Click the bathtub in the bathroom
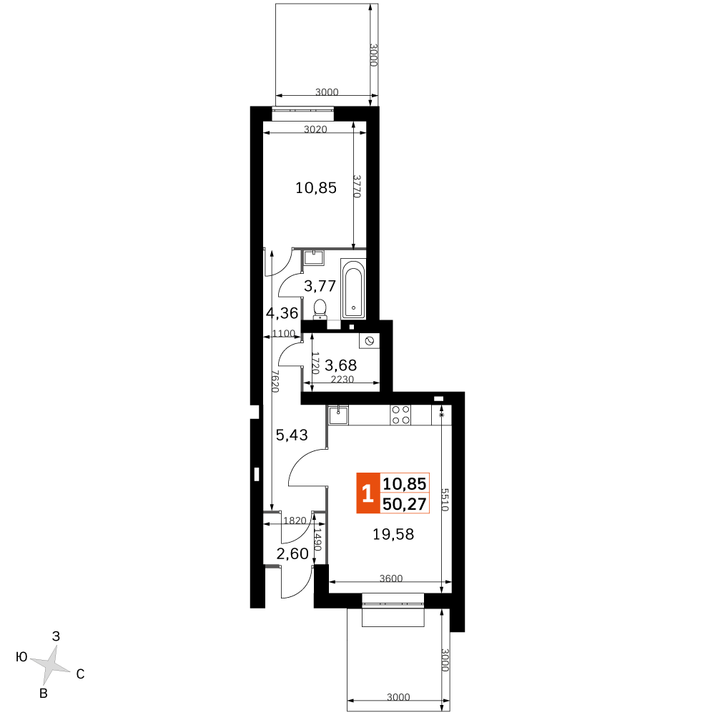pos(353,288)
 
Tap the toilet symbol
pos(320,309)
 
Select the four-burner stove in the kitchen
pos(401,415)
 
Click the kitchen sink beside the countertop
pos(338,415)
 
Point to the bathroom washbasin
pos(313,257)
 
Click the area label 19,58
pos(393,534)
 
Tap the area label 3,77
pos(320,286)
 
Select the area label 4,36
pos(282,313)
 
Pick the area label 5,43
pos(292,435)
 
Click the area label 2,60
pos(292,553)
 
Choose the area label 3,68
pos(340,365)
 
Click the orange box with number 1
pos(368,493)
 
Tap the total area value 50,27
pos(405,504)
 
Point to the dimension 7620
pos(275,381)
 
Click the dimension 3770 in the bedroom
pos(357,187)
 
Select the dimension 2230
pos(342,379)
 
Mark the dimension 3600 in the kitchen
pos(391,578)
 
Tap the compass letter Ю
pos(22,656)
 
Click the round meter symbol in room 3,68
pos(370,341)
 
